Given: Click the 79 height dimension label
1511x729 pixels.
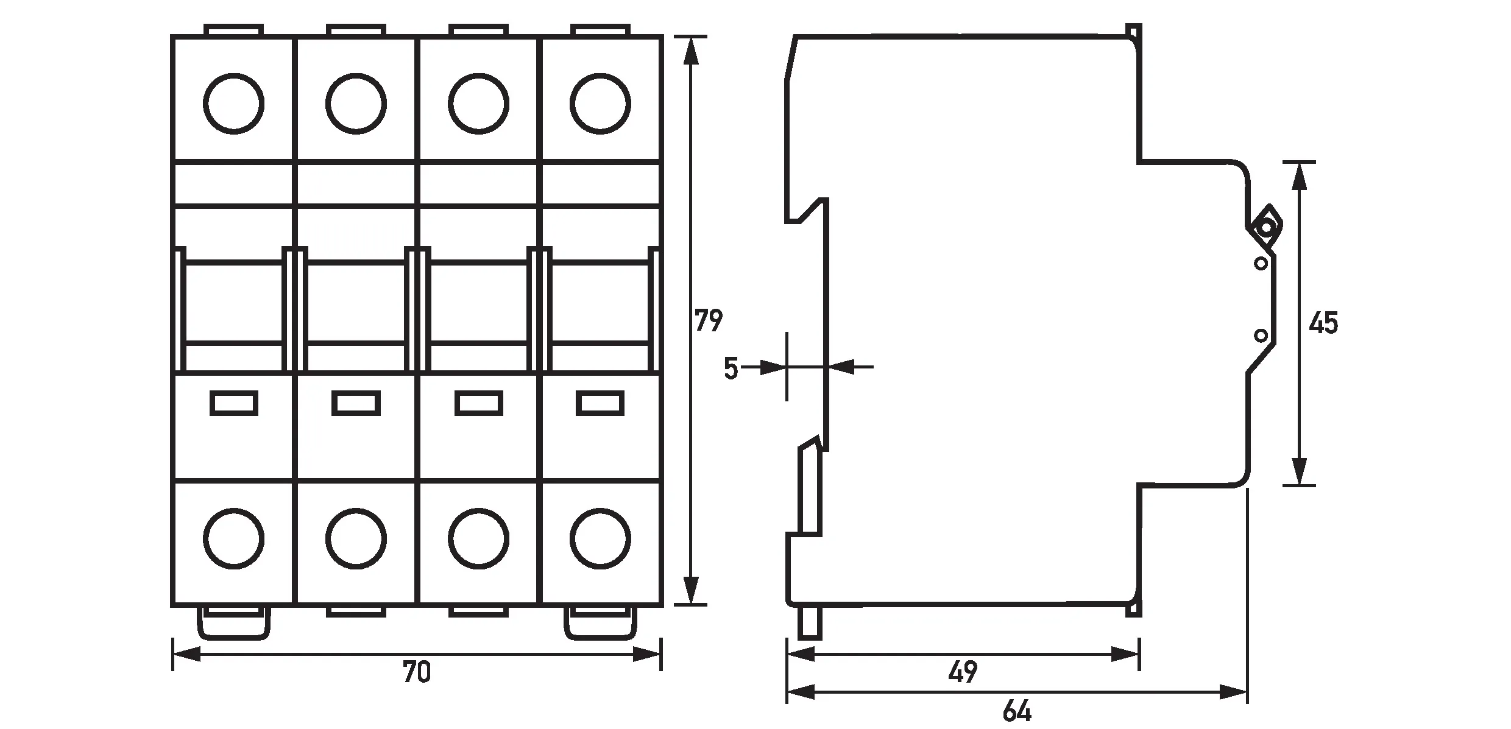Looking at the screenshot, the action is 709,321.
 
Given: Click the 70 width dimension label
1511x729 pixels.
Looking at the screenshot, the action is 417,672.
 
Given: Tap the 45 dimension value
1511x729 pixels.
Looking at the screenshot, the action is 1323,323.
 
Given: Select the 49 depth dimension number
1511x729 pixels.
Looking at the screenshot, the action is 963,672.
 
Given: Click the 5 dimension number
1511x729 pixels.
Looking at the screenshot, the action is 731,368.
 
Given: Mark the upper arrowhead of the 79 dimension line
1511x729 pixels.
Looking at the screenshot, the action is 690,51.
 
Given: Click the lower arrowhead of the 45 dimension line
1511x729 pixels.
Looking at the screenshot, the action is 1300,471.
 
